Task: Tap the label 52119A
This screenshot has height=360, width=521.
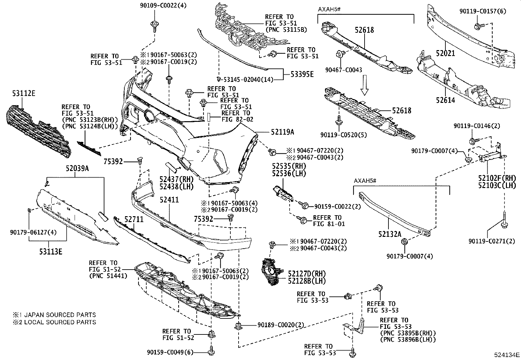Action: (x=282, y=132)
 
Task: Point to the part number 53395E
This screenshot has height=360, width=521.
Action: (x=302, y=74)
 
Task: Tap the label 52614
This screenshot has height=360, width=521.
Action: (x=445, y=100)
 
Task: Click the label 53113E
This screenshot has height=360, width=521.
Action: (x=49, y=252)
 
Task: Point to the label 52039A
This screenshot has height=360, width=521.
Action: (x=77, y=168)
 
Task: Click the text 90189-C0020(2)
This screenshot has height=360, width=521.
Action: (x=280, y=325)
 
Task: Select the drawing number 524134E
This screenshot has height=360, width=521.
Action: (x=507, y=355)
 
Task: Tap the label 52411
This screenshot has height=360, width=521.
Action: (x=169, y=199)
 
